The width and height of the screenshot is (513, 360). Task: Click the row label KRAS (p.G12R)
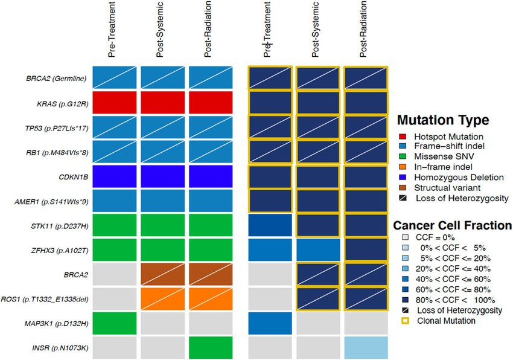coord(63,103)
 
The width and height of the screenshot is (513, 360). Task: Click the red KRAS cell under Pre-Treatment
coord(114,103)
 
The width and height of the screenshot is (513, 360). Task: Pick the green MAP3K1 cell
coord(114,324)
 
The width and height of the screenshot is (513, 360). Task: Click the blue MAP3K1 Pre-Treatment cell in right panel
coord(270,324)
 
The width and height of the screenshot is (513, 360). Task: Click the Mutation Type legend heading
coord(442,120)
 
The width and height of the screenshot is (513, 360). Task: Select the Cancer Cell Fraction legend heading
coord(453,225)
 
